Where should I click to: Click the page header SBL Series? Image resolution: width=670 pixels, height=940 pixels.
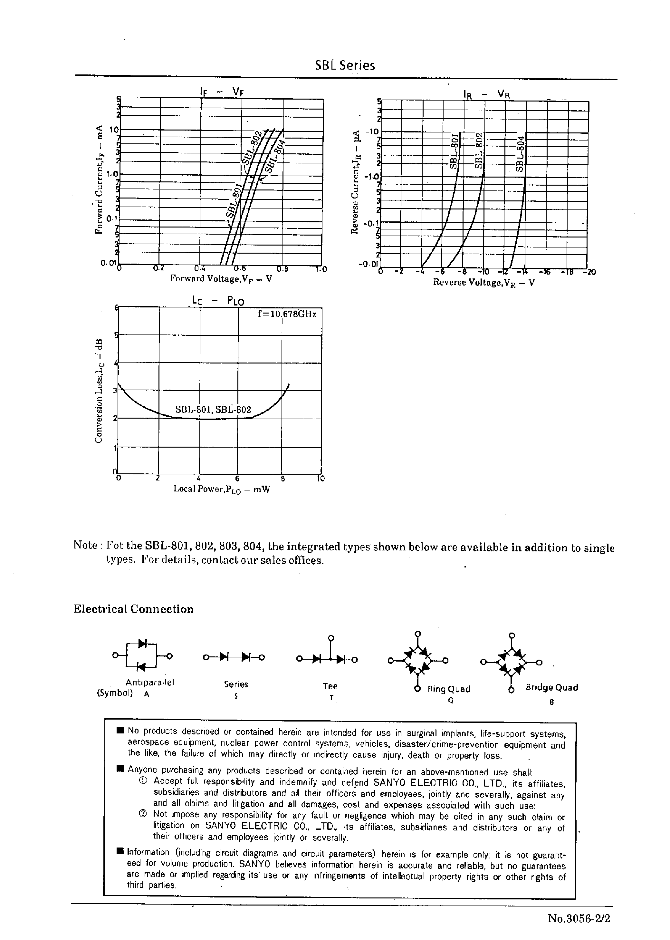pos(345,65)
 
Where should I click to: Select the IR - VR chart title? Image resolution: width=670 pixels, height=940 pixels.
pos(486,94)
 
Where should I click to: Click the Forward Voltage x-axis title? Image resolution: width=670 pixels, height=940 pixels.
pos(221,278)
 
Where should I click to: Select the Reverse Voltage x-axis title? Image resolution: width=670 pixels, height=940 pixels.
pos(483,283)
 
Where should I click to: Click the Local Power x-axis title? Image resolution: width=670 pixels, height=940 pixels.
pos(222,489)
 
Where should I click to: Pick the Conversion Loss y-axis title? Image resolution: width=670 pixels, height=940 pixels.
pos(98,391)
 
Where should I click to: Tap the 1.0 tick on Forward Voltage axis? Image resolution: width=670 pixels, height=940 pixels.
pos(321,269)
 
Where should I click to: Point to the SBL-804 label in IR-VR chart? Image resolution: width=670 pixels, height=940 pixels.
pos(520,153)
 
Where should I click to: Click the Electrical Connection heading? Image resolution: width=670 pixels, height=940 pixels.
pos(133,609)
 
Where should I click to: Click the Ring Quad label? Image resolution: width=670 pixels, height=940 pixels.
pos(448,689)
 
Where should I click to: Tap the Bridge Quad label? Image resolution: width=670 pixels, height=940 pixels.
pos(551,687)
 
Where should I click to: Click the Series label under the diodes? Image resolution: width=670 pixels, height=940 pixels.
pos(236,684)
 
